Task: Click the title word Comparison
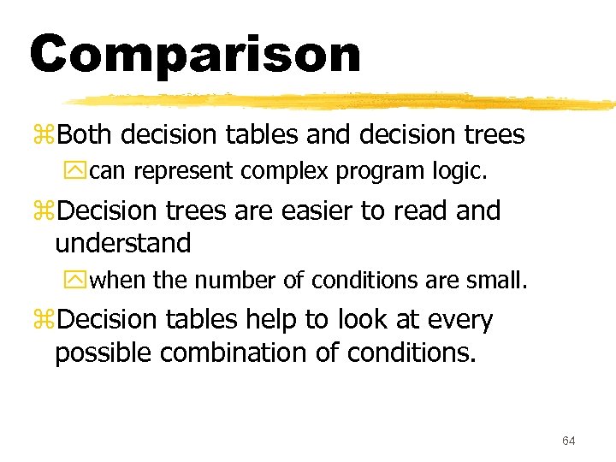(195, 55)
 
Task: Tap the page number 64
(569, 441)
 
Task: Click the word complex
(286, 172)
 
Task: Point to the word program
(378, 172)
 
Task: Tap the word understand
(123, 243)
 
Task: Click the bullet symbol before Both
(44, 136)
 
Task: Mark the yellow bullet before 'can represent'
(80, 172)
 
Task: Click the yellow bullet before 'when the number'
(80, 281)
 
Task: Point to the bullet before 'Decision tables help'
(44, 320)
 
